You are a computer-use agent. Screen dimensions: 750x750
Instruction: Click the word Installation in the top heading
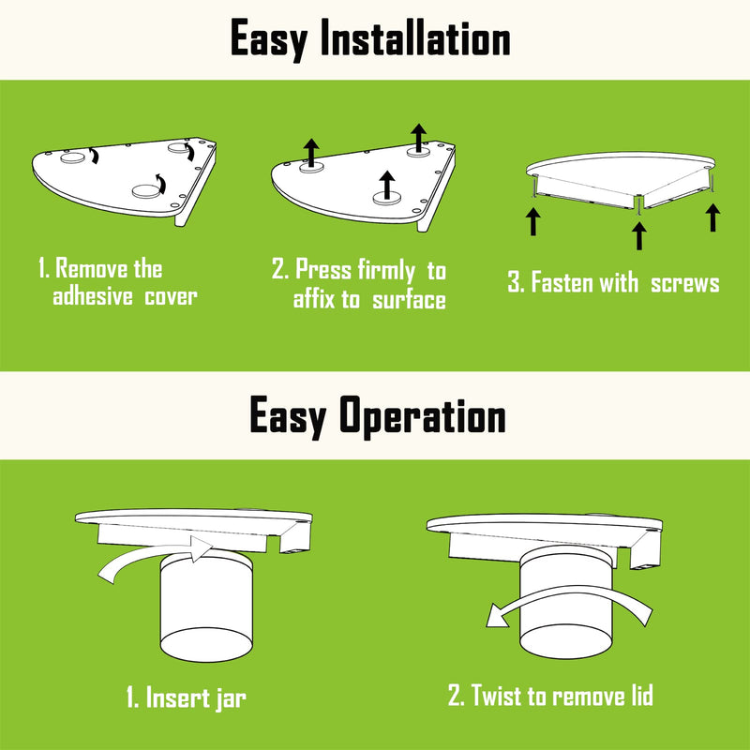coord(415,37)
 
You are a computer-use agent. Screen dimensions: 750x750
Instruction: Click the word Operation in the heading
coord(423,416)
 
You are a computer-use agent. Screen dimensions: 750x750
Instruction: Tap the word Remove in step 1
coord(92,268)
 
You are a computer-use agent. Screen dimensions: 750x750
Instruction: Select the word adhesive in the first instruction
coord(92,296)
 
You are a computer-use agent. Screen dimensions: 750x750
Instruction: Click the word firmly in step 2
coord(385,271)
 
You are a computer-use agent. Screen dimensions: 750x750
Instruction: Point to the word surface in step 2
coord(409,300)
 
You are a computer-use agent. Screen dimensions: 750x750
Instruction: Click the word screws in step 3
coord(684,283)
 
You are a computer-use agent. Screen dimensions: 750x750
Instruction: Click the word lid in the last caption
coord(640,695)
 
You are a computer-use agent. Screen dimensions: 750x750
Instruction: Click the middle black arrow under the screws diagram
coord(639,236)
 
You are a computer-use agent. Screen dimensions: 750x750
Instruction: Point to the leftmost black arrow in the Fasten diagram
coord(532,222)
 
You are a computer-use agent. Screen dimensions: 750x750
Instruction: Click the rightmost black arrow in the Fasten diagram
coord(712,217)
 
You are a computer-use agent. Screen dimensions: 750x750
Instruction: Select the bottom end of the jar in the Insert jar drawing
coord(206,644)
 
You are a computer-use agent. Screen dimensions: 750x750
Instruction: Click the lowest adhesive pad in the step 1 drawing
coord(146,191)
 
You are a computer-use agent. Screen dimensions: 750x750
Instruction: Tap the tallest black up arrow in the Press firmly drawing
coord(418,138)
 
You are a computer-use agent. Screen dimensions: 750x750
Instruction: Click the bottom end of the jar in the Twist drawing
coord(565,640)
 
